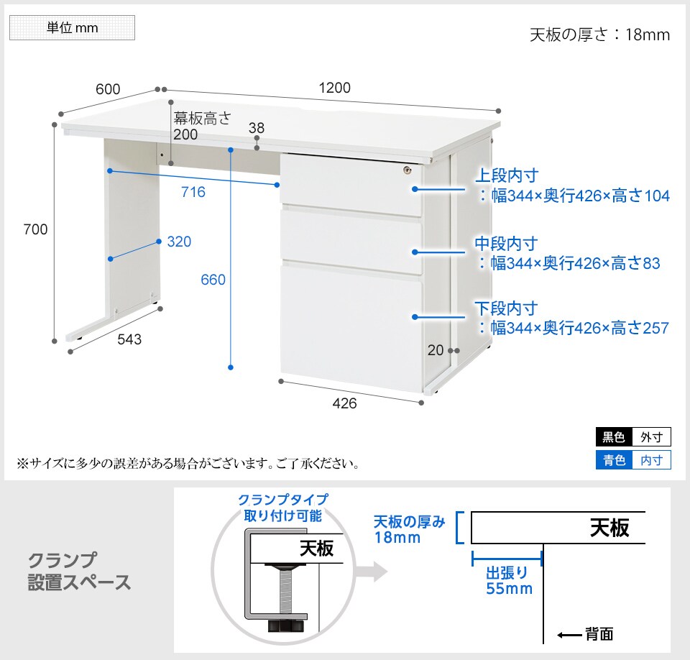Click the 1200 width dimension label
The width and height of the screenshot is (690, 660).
[334, 88]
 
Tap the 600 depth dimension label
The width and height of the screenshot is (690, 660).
[108, 89]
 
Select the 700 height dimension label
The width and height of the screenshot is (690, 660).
[35, 229]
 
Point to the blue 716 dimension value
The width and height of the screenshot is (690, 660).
[193, 192]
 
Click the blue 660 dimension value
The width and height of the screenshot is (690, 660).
[213, 280]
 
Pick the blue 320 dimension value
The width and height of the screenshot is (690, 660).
[179, 242]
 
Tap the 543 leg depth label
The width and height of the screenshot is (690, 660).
[129, 339]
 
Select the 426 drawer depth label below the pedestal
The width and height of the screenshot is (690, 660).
[344, 403]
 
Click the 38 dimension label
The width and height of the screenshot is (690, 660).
[257, 128]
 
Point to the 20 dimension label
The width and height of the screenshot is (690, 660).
[436, 350]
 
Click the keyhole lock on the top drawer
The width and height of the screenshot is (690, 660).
[408, 170]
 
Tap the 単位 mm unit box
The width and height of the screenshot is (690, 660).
[72, 28]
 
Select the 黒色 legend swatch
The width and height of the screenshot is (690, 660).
[614, 437]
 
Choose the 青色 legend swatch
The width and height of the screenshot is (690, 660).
[614, 460]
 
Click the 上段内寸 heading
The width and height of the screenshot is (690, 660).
[507, 175]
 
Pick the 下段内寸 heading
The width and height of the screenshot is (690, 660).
[506, 308]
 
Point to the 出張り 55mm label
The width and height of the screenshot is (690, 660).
[509, 581]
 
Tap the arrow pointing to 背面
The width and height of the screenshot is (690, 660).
[569, 635]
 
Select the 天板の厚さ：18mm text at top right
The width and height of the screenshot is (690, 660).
[599, 35]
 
